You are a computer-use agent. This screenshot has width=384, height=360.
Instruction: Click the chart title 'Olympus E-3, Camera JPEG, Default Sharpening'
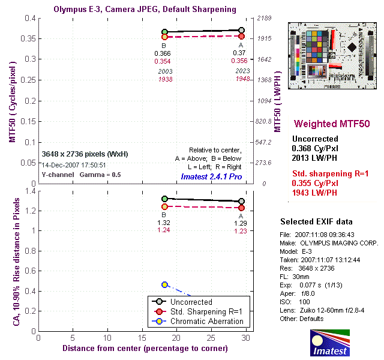pos(144,10)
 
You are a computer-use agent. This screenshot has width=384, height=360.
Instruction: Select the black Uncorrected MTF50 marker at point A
pos(241,30)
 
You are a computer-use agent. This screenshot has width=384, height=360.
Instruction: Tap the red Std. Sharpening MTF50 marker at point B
pos(165,37)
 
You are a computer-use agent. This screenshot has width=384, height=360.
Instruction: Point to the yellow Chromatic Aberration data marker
pos(165,284)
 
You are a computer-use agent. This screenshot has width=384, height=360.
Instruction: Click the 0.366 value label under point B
pos(163,53)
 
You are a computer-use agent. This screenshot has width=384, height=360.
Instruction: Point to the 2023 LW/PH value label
pos(242,71)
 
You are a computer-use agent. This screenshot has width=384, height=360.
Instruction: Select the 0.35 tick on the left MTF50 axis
pos(27,39)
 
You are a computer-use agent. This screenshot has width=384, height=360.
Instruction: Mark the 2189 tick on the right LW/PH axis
pos(266,19)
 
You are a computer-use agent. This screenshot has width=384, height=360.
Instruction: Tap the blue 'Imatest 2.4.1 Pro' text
pos(211,177)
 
